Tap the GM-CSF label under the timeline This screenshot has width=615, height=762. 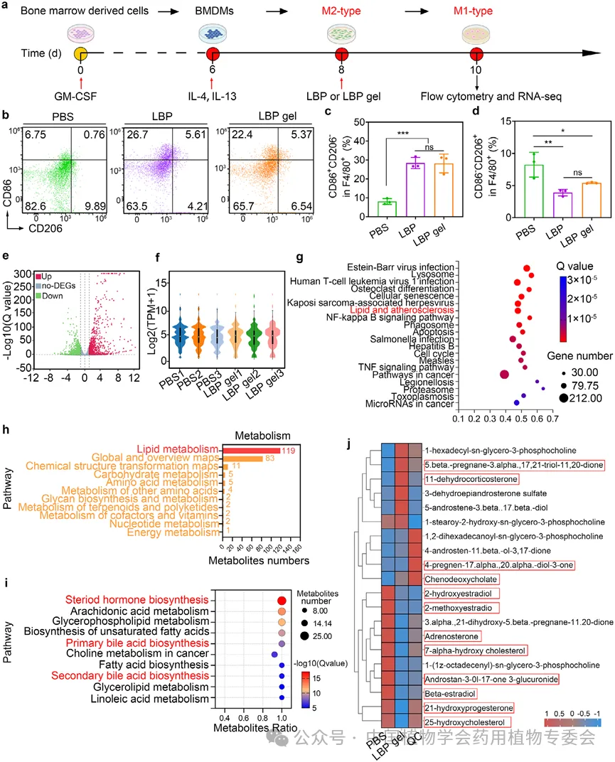[x=80, y=95]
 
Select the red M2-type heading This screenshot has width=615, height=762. [x=343, y=11]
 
